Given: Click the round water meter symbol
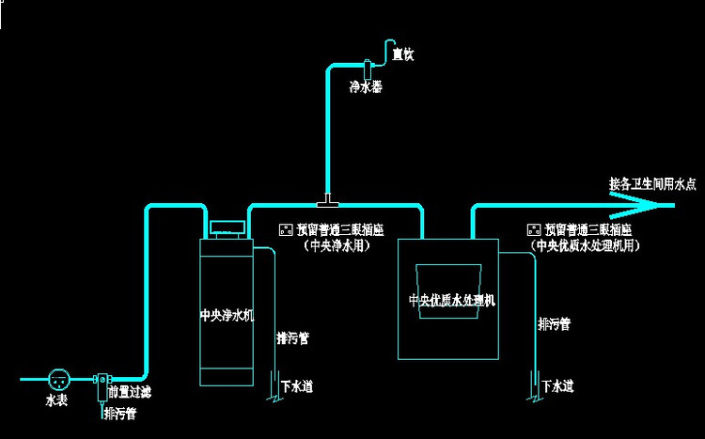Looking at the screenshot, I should tap(58, 380).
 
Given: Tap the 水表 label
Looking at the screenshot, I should tap(57, 401).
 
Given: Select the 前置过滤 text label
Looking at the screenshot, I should tap(129, 390).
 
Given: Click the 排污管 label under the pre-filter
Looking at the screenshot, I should tap(119, 413).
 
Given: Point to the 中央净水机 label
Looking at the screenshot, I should tap(227, 315).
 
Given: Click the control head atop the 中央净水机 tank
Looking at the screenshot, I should tap(226, 227).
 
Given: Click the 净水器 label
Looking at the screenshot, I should tap(366, 87).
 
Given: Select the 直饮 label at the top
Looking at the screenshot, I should tap(403, 55).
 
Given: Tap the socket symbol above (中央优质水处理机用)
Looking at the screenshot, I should tap(535, 228).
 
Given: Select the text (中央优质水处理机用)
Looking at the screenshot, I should tap(585, 245).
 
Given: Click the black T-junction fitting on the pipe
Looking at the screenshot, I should tap(327, 199).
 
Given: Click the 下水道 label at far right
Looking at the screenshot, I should tap(556, 385).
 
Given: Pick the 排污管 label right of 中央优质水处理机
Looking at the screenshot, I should tap(554, 324).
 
